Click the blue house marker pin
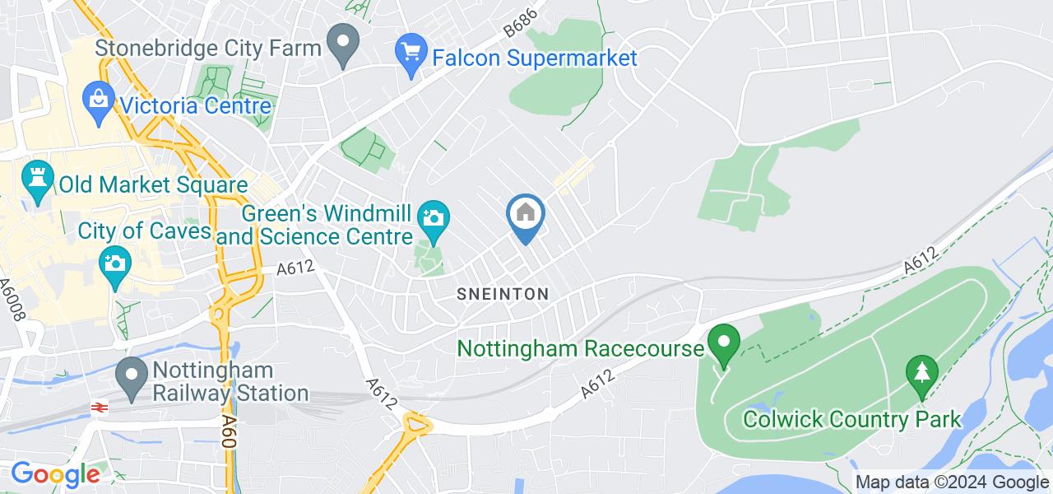(525, 217)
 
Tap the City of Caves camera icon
(114, 265)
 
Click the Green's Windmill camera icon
(433, 219)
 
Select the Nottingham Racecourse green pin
(724, 346)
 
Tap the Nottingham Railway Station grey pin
(132, 379)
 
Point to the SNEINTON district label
(503, 294)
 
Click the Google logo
(54, 474)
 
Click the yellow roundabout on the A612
(418, 426)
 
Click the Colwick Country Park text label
(852, 419)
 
